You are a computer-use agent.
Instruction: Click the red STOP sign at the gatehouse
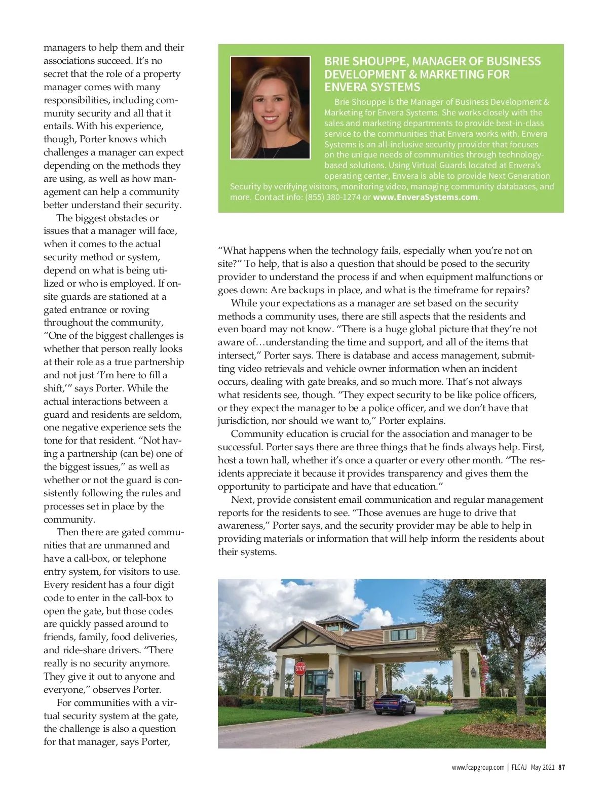[x=300, y=668]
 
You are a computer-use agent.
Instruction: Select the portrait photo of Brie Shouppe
[x=270, y=107]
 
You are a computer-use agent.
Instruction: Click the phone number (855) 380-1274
[x=333, y=197]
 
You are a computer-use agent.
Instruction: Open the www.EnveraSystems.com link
[x=426, y=197]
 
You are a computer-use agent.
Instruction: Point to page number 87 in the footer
[x=561, y=767]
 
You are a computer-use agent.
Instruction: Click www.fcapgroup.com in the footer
[x=478, y=767]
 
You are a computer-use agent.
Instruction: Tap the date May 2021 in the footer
[x=543, y=767]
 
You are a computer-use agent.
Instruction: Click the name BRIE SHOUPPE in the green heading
[x=366, y=61]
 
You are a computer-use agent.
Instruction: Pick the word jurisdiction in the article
[x=243, y=421]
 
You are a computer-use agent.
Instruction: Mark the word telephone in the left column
[x=145, y=559]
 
